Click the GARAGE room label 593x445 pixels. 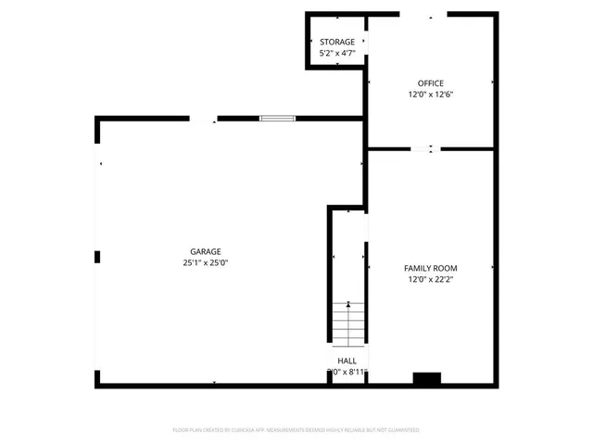pyautogui.click(x=206, y=251)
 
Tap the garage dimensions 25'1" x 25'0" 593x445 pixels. pyautogui.click(x=206, y=263)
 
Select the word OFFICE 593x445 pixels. pyautogui.click(x=430, y=83)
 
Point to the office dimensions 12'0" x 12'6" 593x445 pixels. pyautogui.click(x=430, y=95)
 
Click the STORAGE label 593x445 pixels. pyautogui.click(x=337, y=43)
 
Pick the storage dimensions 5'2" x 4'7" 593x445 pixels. pyautogui.click(x=337, y=54)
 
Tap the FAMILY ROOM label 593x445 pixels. pyautogui.click(x=431, y=268)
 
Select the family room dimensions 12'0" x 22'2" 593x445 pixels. pyautogui.click(x=431, y=279)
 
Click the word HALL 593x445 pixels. pyautogui.click(x=347, y=361)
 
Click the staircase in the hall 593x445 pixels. pyautogui.click(x=348, y=327)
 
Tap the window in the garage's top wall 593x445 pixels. pyautogui.click(x=277, y=118)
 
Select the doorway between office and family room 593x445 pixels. pyautogui.click(x=423, y=148)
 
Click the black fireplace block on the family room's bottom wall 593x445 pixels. pyautogui.click(x=426, y=378)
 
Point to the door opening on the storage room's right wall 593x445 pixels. pyautogui.click(x=364, y=42)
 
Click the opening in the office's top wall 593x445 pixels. pyautogui.click(x=429, y=15)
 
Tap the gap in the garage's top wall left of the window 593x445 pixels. pyautogui.click(x=203, y=119)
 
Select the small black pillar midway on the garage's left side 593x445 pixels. pyautogui.click(x=97, y=257)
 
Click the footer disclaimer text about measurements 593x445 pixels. pyautogui.click(x=296, y=430)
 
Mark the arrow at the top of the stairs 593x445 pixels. pyautogui.click(x=348, y=304)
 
